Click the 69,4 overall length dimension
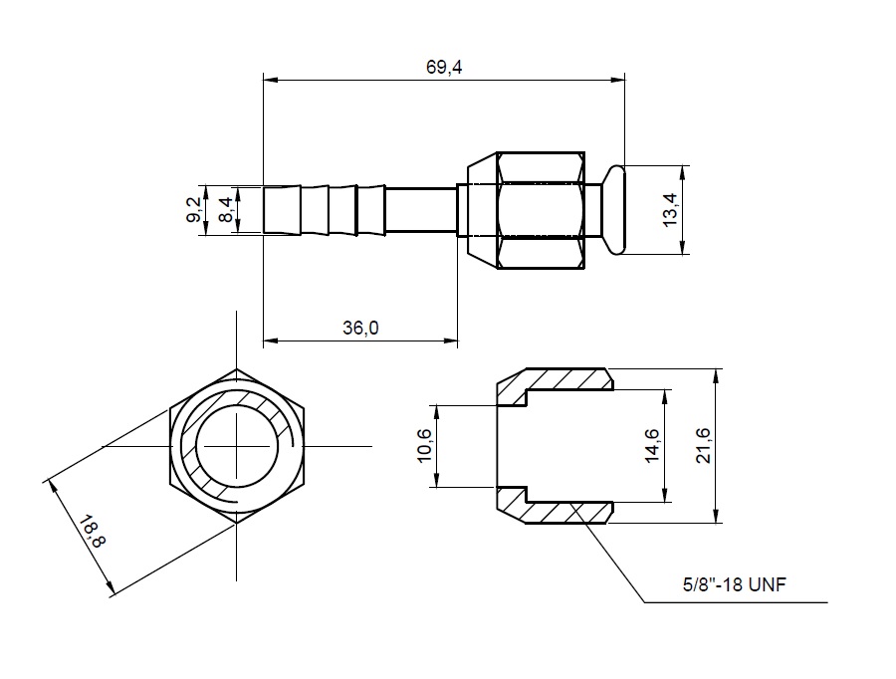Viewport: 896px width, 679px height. pos(444,68)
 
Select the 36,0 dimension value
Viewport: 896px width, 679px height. pos(360,329)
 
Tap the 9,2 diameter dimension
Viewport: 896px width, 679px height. pos(194,209)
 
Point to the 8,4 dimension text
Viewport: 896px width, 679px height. pos(226,210)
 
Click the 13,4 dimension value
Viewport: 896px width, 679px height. pos(670,210)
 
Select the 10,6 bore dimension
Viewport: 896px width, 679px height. pos(424,446)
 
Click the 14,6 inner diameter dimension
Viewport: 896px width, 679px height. pos(652,446)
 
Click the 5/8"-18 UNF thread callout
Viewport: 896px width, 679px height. pos(735,584)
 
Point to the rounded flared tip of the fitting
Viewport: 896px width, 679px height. pos(616,210)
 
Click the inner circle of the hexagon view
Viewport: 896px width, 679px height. pos(237,446)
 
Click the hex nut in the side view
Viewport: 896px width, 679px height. pos(541,210)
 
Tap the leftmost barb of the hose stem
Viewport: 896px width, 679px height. pos(283,209)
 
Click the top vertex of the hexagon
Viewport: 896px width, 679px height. pos(237,368)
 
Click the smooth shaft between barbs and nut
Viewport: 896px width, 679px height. pos(421,209)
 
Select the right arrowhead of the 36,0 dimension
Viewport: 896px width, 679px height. pos(451,341)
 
